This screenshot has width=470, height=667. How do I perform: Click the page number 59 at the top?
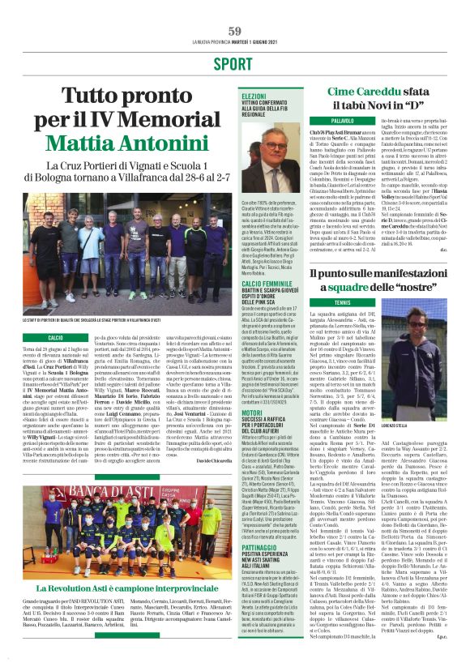click(x=235, y=31)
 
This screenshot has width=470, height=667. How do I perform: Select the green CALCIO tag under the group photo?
click(x=55, y=336)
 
